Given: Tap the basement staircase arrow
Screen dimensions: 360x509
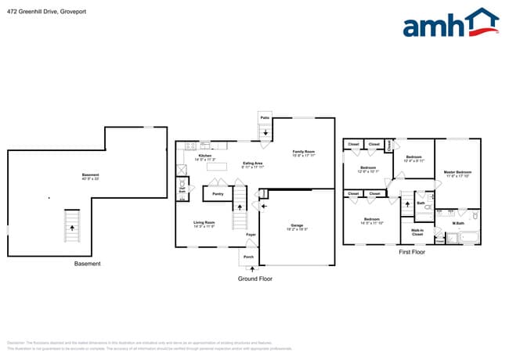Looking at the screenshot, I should [x=72, y=228].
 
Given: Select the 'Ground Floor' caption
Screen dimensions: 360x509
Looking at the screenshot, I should [x=254, y=278].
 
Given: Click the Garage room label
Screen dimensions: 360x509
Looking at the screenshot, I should [x=298, y=225].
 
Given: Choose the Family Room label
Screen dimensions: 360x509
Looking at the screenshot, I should [x=304, y=152].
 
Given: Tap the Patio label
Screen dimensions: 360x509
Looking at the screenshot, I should [x=265, y=117].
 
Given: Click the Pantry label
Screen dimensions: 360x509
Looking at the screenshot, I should [x=218, y=193].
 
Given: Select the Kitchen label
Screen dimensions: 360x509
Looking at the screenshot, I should [x=205, y=156].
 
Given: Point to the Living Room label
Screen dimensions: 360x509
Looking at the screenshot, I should [x=205, y=223].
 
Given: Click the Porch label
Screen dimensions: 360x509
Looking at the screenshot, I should [x=248, y=257].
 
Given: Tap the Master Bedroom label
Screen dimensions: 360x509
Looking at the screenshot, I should [x=457, y=171].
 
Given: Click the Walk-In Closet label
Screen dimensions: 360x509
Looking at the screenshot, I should [x=417, y=231].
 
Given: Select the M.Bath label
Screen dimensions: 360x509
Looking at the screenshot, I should [x=458, y=225].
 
